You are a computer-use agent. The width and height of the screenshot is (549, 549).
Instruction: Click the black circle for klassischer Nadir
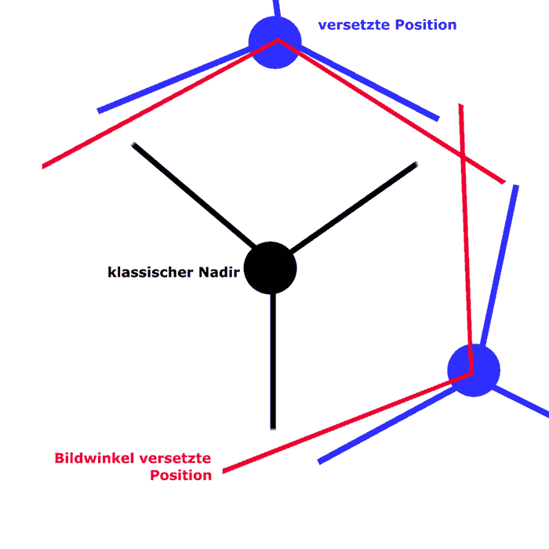271,268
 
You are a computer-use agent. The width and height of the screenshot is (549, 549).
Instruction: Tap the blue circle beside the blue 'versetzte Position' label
274,42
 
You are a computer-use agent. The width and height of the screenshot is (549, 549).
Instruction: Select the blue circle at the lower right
474,369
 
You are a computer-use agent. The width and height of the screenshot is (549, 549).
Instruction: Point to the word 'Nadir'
216,273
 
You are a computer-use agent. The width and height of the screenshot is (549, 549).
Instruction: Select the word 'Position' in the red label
181,475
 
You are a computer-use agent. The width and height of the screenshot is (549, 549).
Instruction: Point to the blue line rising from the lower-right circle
499,267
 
